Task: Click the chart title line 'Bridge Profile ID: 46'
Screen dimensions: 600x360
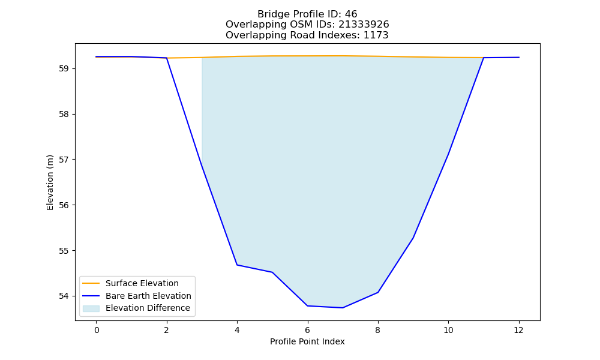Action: pos(307,14)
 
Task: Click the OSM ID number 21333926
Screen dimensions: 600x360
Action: pos(364,25)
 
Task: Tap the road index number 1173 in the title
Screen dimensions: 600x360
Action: pos(376,35)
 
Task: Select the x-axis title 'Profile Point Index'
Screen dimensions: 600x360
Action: pos(307,341)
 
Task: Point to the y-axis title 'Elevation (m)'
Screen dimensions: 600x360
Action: pos(50,182)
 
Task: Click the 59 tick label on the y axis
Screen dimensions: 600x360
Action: pos(64,69)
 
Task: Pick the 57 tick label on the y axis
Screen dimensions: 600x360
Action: pos(64,160)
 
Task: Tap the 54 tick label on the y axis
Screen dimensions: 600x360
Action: pos(64,296)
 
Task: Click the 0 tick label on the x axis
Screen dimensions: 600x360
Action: pos(97,330)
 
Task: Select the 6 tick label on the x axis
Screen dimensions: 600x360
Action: pos(308,330)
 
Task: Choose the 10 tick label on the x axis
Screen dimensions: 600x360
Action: pos(448,330)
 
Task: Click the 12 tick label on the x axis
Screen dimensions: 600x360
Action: pos(518,330)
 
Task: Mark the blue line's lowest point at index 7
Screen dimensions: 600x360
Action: pos(343,308)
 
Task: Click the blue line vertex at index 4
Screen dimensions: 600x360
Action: pos(237,265)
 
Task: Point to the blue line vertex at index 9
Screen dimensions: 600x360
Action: pos(413,238)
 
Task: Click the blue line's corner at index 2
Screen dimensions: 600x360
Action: pos(166,58)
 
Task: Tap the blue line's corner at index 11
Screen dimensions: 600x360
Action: pos(483,58)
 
